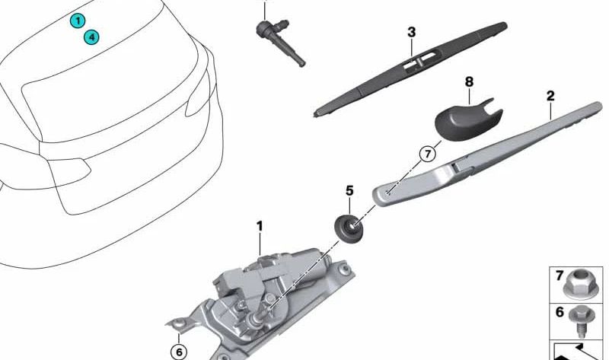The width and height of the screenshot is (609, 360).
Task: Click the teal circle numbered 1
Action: click(x=77, y=21)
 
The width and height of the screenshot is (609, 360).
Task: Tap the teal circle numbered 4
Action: click(x=91, y=36)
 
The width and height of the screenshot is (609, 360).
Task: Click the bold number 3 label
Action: click(x=411, y=32)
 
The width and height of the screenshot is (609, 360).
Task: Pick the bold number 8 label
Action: click(x=469, y=81)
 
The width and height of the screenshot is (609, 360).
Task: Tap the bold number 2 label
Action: click(x=550, y=97)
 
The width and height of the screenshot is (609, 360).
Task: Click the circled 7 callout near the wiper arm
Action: click(x=427, y=155)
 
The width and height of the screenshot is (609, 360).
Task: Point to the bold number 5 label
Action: click(x=349, y=189)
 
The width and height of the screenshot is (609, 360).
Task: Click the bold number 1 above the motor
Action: click(x=259, y=226)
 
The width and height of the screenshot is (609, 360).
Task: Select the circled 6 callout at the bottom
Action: click(x=178, y=352)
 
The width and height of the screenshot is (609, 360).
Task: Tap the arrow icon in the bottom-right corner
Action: click(x=578, y=352)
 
